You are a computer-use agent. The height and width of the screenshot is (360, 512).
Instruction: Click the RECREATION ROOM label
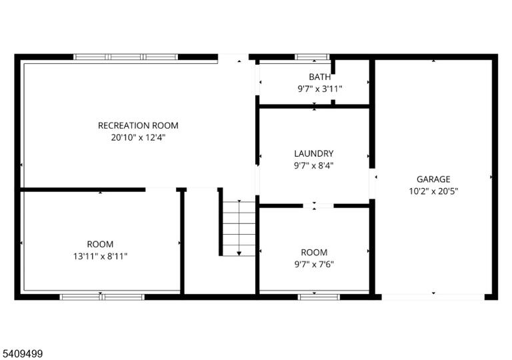138,125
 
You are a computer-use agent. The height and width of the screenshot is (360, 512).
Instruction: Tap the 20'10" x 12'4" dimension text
138,137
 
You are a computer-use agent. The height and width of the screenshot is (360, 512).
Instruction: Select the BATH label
320,77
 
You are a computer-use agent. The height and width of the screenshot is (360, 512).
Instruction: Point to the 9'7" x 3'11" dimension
320,89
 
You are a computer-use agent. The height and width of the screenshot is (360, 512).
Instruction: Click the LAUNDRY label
314,153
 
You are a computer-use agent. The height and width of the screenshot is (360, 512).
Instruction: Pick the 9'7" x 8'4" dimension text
314,165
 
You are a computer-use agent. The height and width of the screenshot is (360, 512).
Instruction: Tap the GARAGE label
433,179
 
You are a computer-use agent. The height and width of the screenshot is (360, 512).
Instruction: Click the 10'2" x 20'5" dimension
433,191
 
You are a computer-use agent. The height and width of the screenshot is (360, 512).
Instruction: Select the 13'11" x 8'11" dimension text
100,256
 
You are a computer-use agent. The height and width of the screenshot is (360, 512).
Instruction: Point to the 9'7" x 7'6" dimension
314,264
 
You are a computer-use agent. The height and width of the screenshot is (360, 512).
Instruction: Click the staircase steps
239,229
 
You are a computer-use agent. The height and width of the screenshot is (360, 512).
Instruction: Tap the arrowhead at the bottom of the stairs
239,253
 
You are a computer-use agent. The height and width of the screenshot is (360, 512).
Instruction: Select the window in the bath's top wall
312,57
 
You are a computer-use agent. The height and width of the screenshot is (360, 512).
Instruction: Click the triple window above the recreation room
126,57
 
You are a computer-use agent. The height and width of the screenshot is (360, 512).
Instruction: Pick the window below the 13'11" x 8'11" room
102,297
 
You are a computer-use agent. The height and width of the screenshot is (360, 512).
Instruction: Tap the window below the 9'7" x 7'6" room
319,297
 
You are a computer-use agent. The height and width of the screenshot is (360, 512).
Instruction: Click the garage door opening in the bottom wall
433,297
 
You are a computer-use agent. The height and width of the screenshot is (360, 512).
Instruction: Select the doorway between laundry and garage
372,183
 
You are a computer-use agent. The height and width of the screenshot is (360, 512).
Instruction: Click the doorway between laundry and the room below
319,206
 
